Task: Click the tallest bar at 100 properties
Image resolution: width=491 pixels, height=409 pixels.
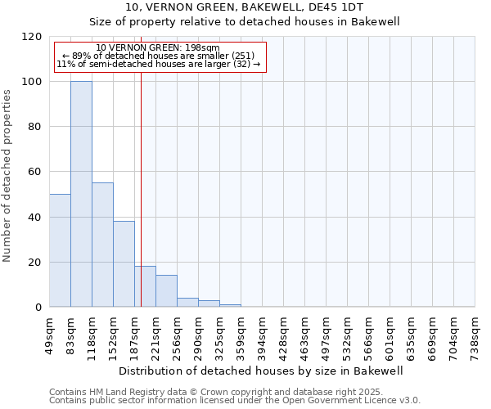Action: click(x=81, y=194)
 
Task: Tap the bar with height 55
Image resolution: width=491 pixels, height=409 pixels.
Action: click(x=102, y=245)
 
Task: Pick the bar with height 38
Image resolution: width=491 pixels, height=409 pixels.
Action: click(x=124, y=263)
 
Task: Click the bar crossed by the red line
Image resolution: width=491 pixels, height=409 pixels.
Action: click(x=145, y=286)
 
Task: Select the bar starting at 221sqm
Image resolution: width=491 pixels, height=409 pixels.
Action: click(x=166, y=291)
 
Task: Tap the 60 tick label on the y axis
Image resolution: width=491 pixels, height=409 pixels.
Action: click(x=35, y=173)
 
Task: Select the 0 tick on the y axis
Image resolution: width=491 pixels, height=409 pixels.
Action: click(x=38, y=308)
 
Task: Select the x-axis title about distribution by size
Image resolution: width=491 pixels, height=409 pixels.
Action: click(x=262, y=371)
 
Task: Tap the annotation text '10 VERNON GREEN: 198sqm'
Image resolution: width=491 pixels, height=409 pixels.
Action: click(x=158, y=47)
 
